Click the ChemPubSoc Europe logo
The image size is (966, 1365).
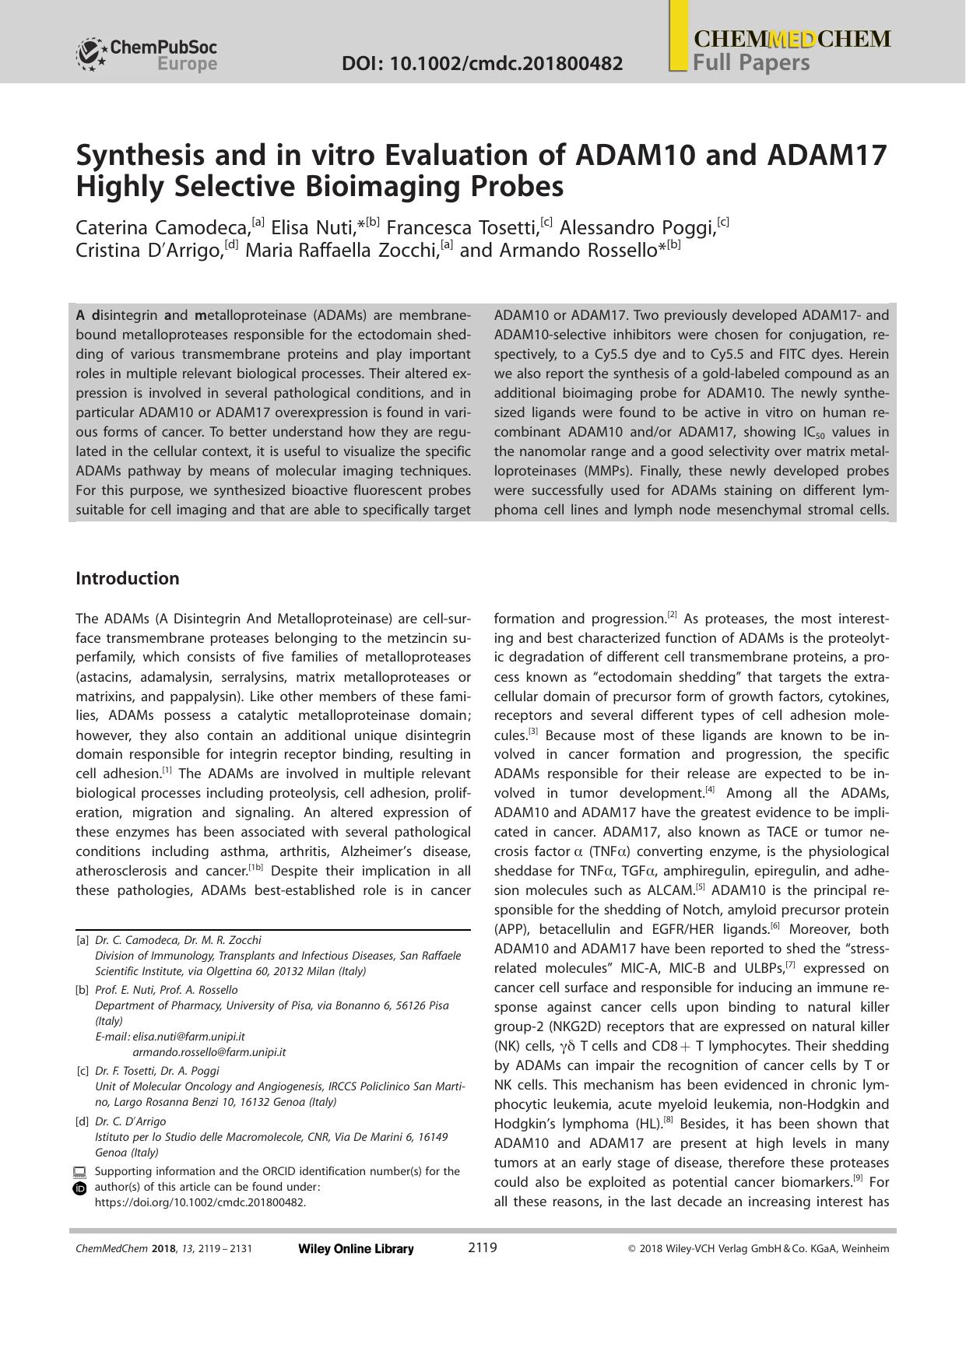tap(146, 54)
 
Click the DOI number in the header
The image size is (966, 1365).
tap(482, 63)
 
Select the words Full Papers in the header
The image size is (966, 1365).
tap(751, 63)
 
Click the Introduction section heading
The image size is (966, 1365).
tap(127, 578)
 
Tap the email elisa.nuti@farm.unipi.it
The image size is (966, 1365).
tap(188, 1037)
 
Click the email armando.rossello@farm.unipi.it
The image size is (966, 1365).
tap(209, 1052)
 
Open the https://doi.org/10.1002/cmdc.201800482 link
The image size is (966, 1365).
tap(200, 1202)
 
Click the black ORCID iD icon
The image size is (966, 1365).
tap(79, 1188)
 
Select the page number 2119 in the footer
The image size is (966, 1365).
tap(482, 1248)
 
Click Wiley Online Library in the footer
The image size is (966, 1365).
tap(356, 1249)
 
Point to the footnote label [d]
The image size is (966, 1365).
tap(82, 1121)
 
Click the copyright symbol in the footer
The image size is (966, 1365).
tap(632, 1249)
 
